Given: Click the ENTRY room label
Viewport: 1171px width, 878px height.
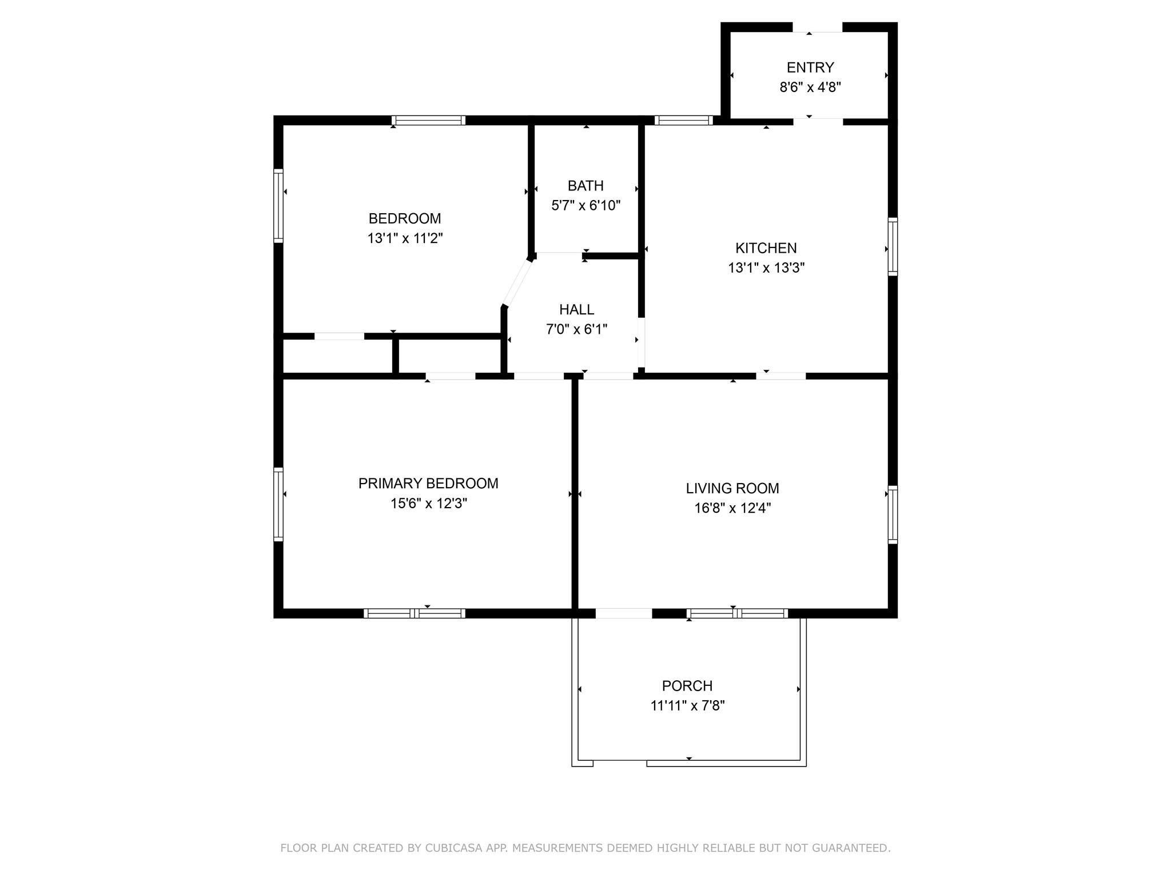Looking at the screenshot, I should click(810, 67).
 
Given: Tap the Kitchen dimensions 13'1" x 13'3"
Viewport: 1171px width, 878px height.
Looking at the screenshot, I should click(766, 268).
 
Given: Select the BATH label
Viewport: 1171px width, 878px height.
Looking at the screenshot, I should click(585, 186).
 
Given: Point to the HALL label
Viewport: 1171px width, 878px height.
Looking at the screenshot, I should click(576, 310).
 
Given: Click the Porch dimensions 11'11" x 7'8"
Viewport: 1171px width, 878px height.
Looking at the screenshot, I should click(687, 705).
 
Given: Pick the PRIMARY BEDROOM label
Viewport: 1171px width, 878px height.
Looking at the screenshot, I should click(428, 484).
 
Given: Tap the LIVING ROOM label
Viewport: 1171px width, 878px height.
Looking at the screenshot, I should click(732, 488).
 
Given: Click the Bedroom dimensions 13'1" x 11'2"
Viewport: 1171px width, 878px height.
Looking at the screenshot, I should click(405, 238).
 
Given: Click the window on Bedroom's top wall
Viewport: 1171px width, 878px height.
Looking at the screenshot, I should click(428, 120).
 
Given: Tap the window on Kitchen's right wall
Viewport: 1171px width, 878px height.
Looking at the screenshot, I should click(892, 246).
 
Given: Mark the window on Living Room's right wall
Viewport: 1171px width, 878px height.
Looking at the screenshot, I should click(892, 514).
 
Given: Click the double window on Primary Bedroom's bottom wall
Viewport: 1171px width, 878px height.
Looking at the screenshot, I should click(415, 613).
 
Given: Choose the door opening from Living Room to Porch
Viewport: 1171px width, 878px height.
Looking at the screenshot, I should click(623, 613).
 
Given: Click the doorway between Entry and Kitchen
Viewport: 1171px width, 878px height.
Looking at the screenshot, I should click(818, 120).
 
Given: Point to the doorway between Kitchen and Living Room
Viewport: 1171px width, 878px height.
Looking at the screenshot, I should click(780, 376).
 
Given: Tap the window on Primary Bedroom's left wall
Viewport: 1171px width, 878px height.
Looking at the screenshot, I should click(278, 504).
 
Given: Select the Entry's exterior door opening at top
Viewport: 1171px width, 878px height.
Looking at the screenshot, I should click(817, 27).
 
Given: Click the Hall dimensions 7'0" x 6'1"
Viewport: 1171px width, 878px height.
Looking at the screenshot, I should click(576, 329).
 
